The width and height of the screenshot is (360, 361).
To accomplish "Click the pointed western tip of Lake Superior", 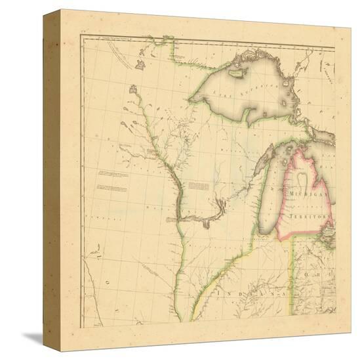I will click(x=190, y=100).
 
